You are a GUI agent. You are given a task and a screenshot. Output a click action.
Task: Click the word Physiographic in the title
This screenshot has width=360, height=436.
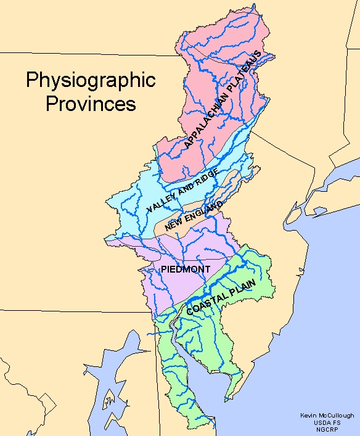tap(91, 80)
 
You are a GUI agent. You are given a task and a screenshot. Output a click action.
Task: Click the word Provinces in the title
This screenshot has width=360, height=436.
tap(91, 103)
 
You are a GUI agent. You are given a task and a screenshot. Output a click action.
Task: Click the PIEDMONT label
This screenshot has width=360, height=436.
tap(186, 269)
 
